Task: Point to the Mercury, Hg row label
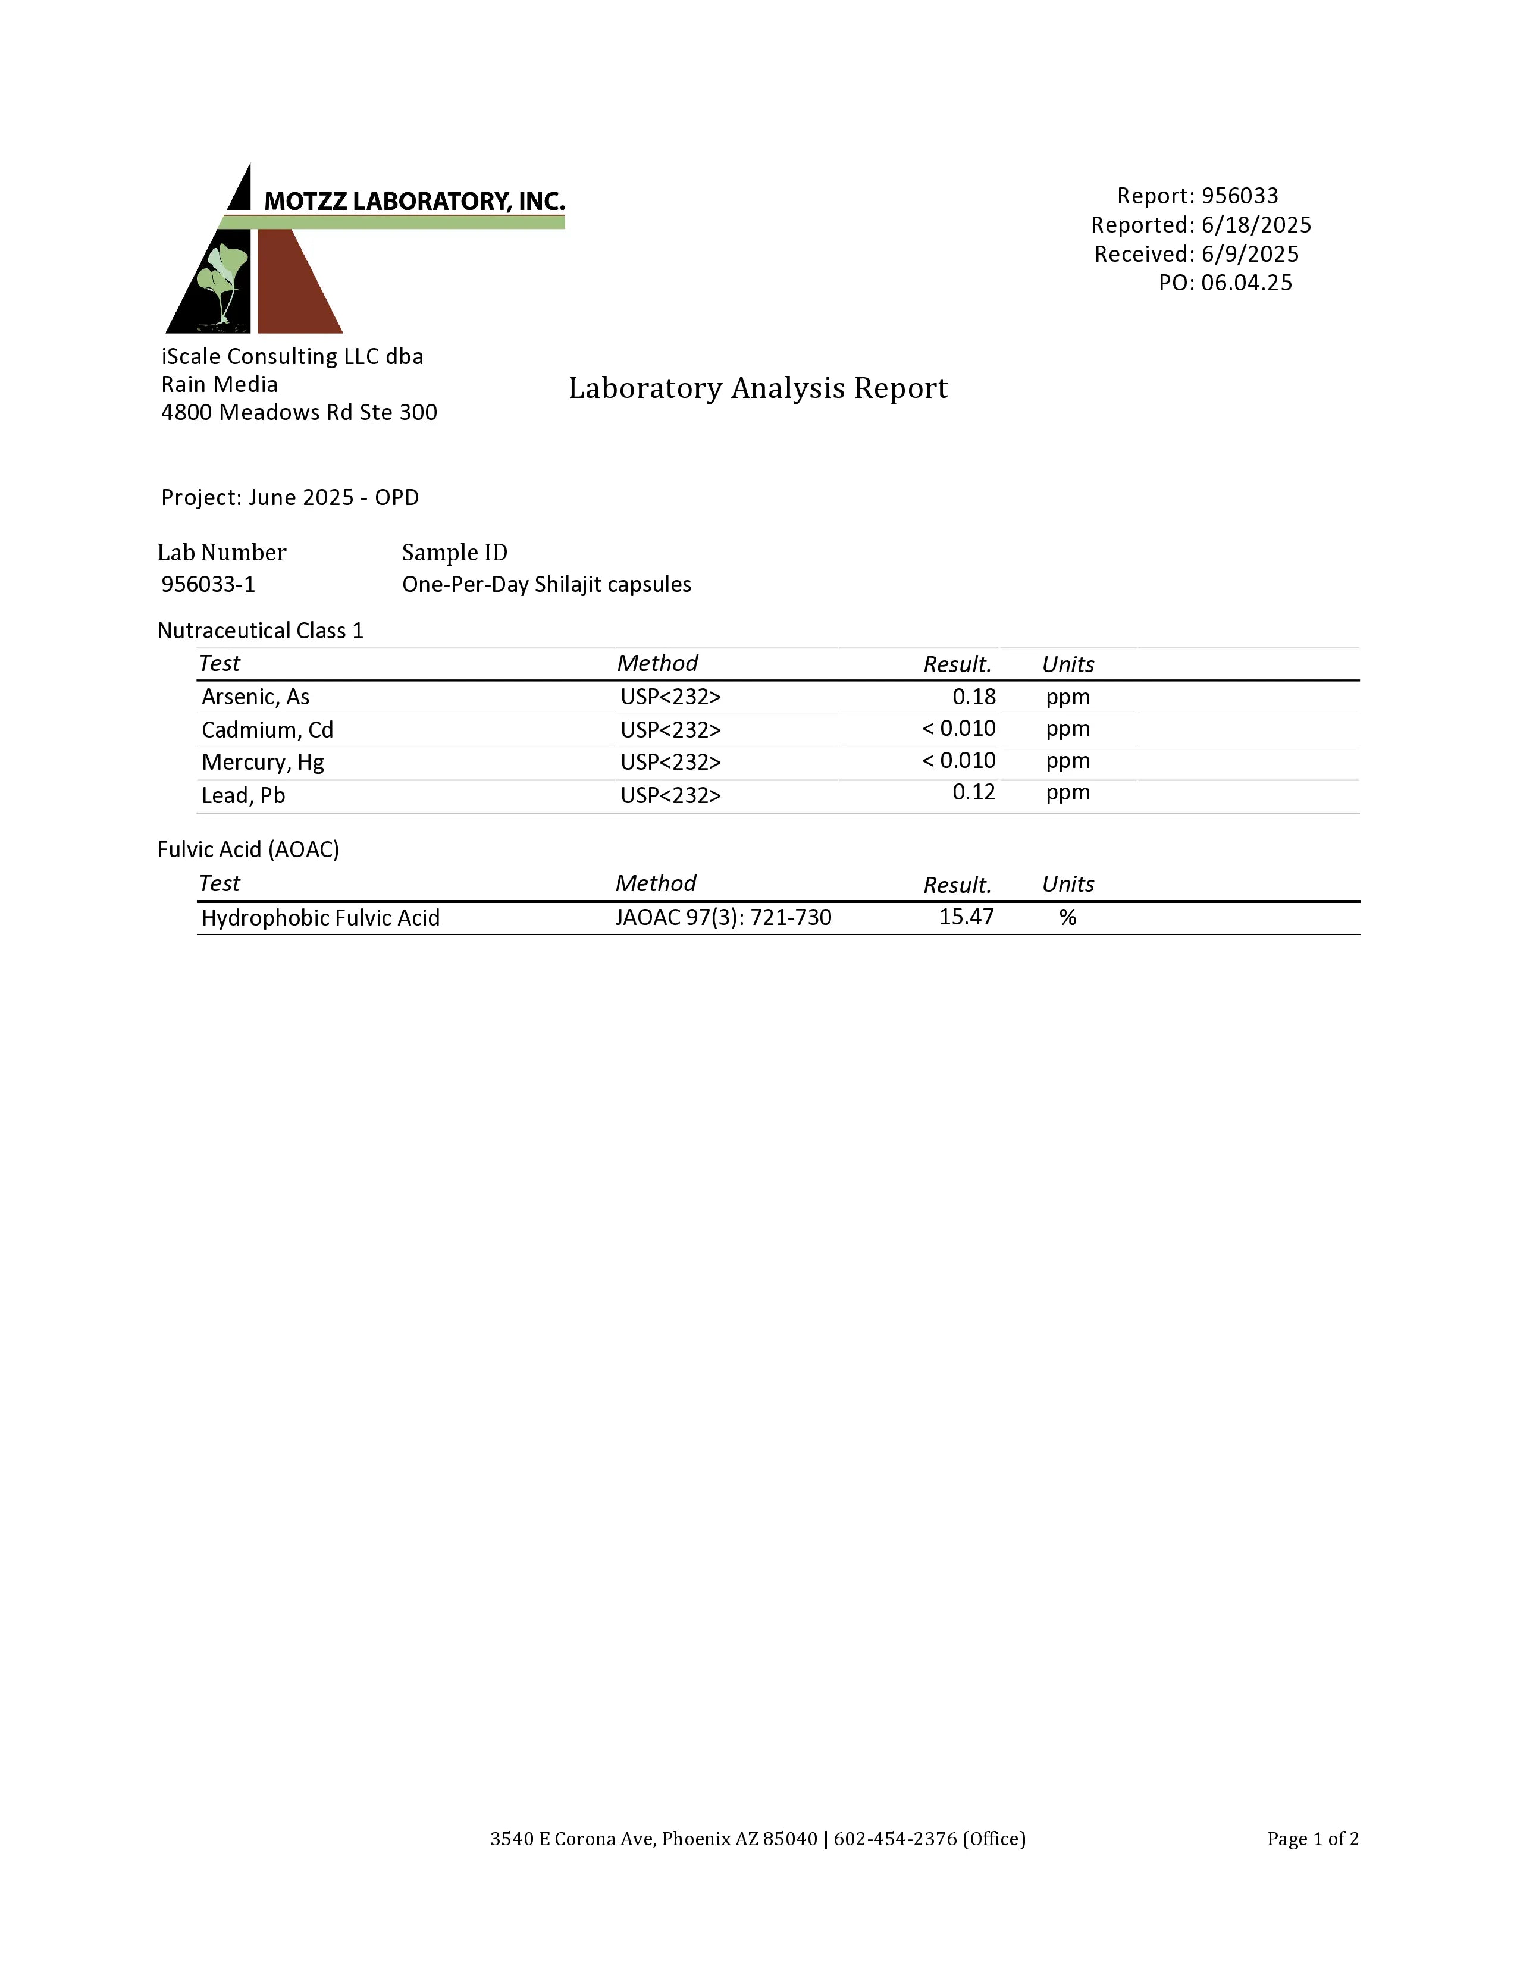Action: (x=262, y=762)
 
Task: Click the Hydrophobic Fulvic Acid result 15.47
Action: (x=966, y=917)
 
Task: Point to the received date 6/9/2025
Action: (x=1249, y=255)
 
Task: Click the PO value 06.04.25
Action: (x=1246, y=283)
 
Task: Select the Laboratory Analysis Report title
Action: (x=757, y=388)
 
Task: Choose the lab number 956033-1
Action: (x=208, y=584)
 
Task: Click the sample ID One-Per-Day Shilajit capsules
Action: (x=546, y=584)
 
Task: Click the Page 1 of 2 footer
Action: (x=1312, y=1838)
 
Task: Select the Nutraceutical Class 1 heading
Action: (x=260, y=631)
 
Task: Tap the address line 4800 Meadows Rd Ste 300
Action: (x=299, y=413)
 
